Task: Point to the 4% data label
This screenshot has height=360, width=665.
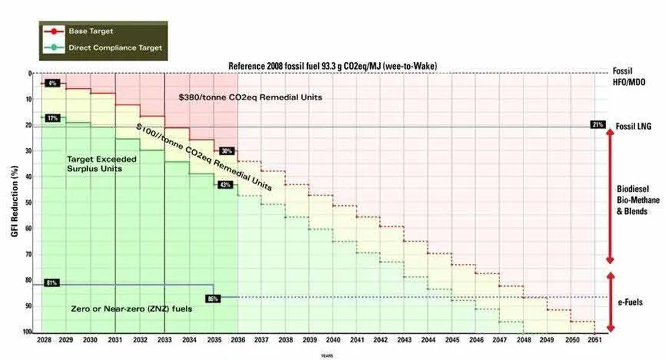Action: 53,83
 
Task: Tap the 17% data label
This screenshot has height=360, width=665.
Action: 53,118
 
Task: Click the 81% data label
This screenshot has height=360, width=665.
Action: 53,283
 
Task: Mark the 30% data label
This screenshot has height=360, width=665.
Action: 226,151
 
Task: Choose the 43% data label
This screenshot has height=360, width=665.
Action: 226,185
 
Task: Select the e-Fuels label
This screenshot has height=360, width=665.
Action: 631,303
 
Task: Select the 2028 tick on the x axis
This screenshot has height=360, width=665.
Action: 44,341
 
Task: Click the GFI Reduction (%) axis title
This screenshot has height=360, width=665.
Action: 14,203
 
